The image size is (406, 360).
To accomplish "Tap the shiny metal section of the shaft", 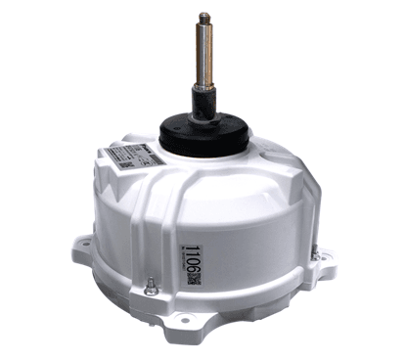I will (207, 59).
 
